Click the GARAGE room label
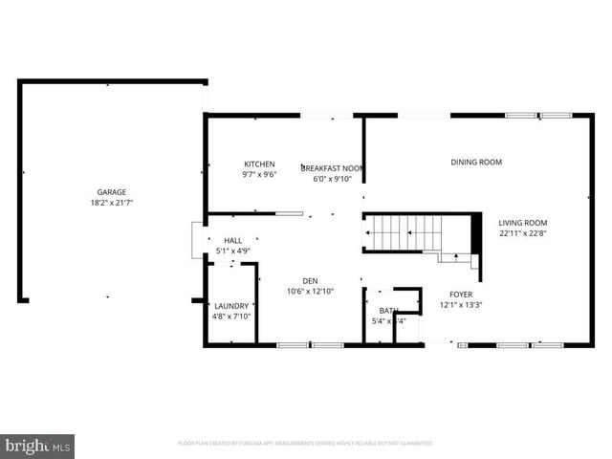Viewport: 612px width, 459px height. [x=111, y=192]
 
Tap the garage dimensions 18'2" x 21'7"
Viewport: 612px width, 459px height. [x=111, y=203]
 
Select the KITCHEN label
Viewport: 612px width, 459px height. [x=259, y=164]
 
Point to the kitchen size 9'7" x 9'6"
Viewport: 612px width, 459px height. [x=259, y=176]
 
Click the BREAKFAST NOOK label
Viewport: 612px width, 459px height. [x=333, y=166]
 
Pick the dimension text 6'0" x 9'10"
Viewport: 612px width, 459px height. [x=333, y=178]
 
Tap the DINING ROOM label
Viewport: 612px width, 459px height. [x=476, y=163]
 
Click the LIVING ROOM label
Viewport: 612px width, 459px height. [x=523, y=223]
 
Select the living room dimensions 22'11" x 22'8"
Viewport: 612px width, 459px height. [x=523, y=233]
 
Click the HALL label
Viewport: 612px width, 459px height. [x=233, y=241]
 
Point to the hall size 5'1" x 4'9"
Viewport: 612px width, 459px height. [x=233, y=251]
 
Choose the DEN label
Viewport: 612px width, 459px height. [x=311, y=281]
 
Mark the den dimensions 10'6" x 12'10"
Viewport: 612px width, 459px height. [x=311, y=292]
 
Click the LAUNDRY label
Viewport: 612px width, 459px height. [x=230, y=306]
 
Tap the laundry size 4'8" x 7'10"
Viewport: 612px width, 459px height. [x=230, y=317]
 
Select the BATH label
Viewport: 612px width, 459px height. [x=387, y=311]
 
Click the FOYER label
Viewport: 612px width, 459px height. [x=461, y=295]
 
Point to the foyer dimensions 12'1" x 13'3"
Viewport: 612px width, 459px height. [x=461, y=305]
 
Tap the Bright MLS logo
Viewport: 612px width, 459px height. [x=38, y=447]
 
